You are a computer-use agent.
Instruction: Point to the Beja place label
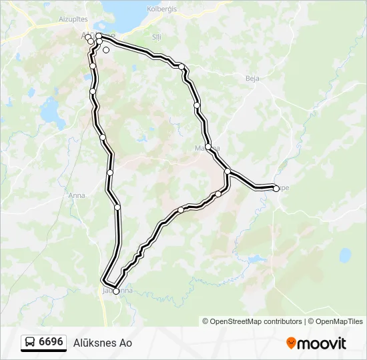252,78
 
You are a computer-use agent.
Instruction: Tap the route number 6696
51,342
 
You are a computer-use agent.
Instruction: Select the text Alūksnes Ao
102,343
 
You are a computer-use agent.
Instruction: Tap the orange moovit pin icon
291,343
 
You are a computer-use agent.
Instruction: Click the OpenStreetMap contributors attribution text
256,321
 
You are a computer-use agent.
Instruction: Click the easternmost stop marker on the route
276,189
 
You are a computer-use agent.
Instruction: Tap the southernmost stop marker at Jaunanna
115,291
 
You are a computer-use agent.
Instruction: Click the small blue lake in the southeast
345,255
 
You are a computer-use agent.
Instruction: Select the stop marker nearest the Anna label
110,173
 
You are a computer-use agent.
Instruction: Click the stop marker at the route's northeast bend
181,65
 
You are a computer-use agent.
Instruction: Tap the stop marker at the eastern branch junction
228,172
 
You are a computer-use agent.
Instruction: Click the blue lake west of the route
49,110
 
